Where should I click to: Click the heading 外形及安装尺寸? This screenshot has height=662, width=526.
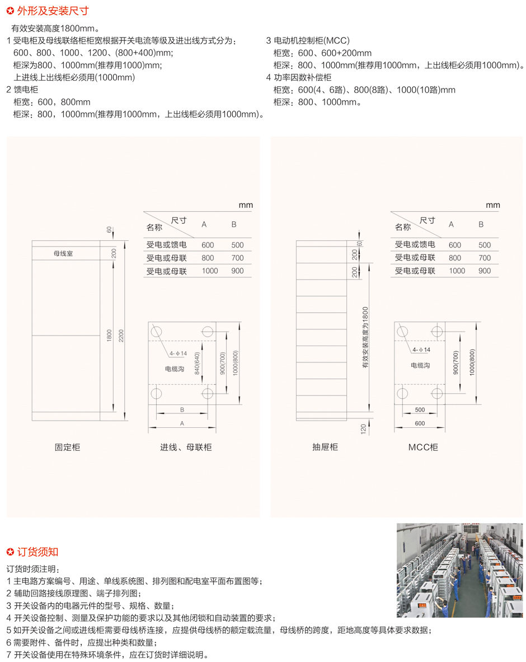click(x=53, y=11)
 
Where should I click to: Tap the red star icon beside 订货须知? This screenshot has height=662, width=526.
click(x=10, y=552)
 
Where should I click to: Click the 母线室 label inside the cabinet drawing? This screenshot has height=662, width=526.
click(x=63, y=253)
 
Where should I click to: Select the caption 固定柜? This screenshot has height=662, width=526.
click(x=68, y=447)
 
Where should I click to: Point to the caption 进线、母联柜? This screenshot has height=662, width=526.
click(x=186, y=447)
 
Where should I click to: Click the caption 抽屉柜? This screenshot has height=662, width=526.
click(x=325, y=447)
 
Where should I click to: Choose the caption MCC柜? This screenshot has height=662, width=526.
click(x=423, y=447)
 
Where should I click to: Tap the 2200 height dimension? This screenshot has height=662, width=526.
click(x=121, y=335)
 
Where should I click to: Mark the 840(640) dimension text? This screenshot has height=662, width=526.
click(x=197, y=363)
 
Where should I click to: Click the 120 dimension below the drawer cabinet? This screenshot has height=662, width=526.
click(x=363, y=429)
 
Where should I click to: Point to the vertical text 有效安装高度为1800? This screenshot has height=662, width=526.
click(x=365, y=337)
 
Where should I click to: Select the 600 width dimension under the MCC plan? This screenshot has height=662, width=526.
click(x=420, y=423)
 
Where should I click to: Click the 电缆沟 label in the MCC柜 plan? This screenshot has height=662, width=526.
click(x=421, y=365)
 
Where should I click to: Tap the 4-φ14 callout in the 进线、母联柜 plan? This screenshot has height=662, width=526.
click(x=178, y=353)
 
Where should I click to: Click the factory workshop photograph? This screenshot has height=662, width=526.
click(x=460, y=570)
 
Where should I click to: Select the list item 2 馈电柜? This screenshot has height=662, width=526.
click(x=22, y=90)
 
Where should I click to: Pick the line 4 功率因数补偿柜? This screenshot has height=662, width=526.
click(x=299, y=77)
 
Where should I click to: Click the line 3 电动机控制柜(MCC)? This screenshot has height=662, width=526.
click(x=308, y=40)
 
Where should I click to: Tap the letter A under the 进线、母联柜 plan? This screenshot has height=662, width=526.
click(x=182, y=423)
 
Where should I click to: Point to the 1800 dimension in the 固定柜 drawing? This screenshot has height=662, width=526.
click(x=109, y=335)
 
